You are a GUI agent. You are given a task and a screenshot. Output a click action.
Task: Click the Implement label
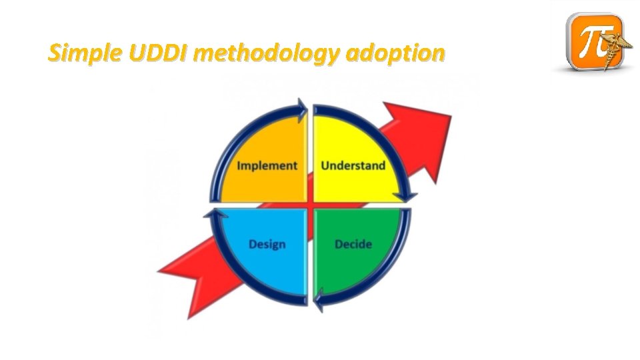click(267, 165)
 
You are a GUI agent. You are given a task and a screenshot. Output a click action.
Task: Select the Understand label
click(353, 165)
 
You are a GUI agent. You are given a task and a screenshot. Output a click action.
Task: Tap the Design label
click(267, 244)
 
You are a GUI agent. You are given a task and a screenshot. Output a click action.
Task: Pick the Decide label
click(353, 244)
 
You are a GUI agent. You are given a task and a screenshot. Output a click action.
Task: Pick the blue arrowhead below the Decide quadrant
click(320, 297)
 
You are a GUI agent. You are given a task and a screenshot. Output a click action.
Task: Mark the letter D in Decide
click(339, 244)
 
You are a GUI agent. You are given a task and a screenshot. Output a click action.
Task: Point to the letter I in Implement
click(240, 165)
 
